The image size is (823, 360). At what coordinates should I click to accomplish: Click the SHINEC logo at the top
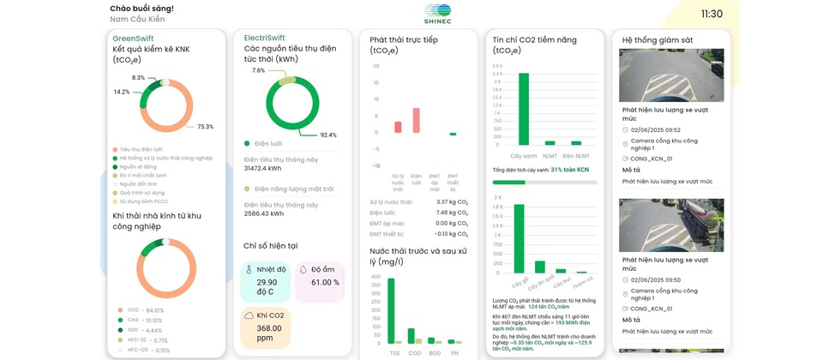point(437,14)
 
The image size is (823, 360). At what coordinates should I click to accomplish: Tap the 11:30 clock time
point(712,14)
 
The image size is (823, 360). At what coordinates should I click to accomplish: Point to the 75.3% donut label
point(205,127)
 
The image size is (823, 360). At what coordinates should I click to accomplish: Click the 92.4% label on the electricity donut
point(328,135)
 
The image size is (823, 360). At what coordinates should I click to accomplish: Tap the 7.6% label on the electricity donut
point(259,70)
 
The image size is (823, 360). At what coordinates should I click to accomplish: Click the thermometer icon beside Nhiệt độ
point(249,269)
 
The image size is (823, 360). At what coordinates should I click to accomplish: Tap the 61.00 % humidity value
point(324,282)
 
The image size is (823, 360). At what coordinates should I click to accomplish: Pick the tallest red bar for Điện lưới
point(416,121)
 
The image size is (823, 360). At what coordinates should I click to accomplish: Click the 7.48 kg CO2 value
point(452,213)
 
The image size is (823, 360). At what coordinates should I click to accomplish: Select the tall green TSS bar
point(391,311)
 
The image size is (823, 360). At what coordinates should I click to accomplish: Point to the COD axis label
point(412,352)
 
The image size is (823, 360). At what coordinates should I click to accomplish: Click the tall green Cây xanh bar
point(523,109)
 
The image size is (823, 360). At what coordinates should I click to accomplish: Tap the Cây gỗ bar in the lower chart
point(520,239)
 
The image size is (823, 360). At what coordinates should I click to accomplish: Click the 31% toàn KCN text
point(570,170)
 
